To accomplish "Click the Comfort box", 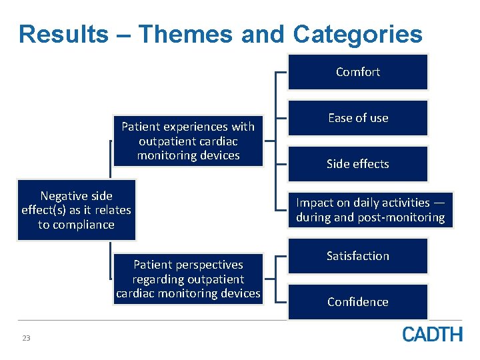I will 357,72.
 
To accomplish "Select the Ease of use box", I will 357,118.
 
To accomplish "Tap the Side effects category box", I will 357,164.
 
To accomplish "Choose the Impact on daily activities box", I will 371,210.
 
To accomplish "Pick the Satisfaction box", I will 357,256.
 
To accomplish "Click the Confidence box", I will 357,302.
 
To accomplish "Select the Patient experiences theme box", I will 188,141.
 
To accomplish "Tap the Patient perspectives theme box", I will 188,279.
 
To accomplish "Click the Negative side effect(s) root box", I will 77,210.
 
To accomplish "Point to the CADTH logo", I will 432,334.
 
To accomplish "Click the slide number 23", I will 26,339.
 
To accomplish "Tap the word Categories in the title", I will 357,34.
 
